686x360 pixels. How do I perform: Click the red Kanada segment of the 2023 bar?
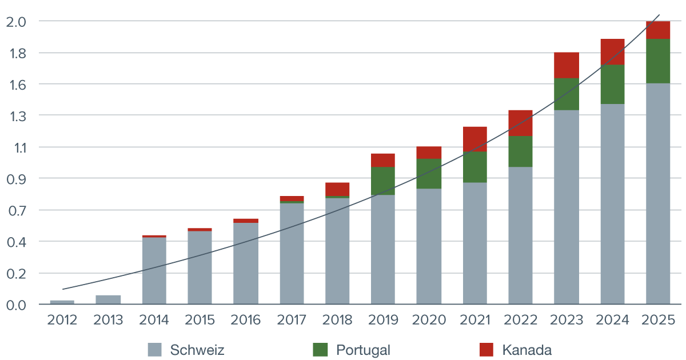[x=567, y=65]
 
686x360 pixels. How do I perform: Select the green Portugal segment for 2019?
[x=383, y=181]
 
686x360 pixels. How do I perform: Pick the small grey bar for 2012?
[x=62, y=301]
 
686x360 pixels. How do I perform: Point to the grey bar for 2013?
[x=108, y=299]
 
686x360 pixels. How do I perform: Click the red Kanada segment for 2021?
[x=475, y=139]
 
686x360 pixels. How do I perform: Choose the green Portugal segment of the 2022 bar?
[x=520, y=151]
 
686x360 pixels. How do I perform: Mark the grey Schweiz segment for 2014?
[x=154, y=270]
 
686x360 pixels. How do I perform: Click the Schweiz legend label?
[x=197, y=350]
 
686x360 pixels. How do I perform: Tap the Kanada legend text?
[x=527, y=350]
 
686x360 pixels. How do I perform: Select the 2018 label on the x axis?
[x=337, y=320]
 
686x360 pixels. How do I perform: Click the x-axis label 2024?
[x=612, y=320]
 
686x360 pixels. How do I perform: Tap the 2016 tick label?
[x=246, y=320]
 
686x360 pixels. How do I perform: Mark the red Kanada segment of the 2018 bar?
[x=337, y=189]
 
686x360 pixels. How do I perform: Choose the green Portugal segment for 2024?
[x=612, y=84]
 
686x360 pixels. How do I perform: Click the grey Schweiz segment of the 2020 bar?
[x=429, y=246]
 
